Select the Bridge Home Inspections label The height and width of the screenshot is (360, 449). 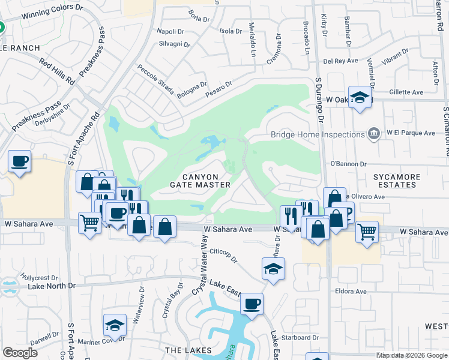pos(318,134)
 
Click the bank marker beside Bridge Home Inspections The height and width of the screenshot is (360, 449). pos(373,133)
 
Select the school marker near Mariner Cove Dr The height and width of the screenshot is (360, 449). pos(114,325)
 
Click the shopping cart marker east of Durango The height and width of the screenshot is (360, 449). pos(366,230)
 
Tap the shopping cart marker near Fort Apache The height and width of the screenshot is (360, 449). pos(89,224)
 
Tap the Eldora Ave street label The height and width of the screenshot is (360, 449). pos(352,292)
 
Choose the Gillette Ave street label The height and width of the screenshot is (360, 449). pos(406,92)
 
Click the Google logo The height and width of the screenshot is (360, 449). pos(20,353)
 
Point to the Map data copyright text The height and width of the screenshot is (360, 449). pos(411,355)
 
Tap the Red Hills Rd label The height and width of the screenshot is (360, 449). pos(56,71)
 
